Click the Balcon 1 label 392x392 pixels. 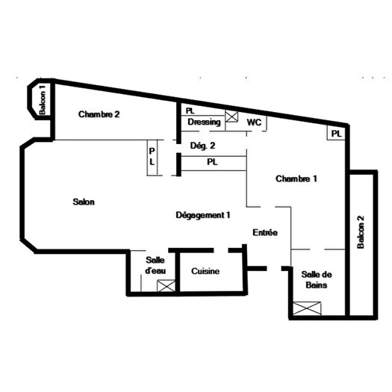43,99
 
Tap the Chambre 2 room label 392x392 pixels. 99,114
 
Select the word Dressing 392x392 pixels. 204,122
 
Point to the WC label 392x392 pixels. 254,122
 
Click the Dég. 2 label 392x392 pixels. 203,146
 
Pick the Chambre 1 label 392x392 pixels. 296,178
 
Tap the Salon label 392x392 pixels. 84,202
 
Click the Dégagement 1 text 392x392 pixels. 202,215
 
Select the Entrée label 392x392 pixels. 265,233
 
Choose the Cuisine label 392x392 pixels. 205,272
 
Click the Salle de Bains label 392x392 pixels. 314,280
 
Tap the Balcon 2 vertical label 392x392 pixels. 361,233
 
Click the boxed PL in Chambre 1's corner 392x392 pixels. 336,134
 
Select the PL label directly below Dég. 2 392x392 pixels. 211,161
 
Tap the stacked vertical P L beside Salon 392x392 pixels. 152,155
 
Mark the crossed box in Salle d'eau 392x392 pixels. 167,285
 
